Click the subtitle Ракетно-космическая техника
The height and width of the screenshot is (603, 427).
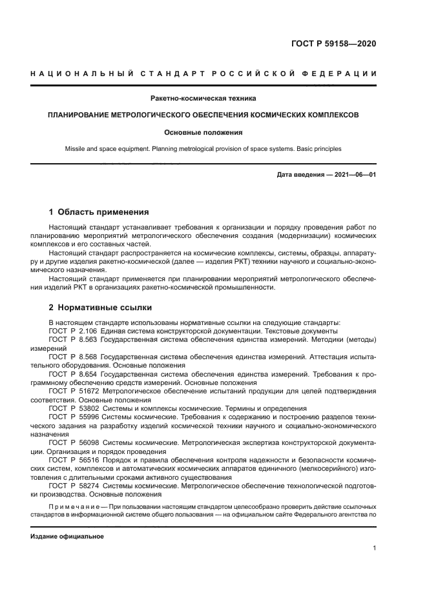tap(203, 99)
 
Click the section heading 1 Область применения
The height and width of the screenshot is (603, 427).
tap(99, 212)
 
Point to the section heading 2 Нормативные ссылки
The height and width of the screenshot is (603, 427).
tap(100, 307)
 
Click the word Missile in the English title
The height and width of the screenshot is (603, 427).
tap(75, 149)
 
